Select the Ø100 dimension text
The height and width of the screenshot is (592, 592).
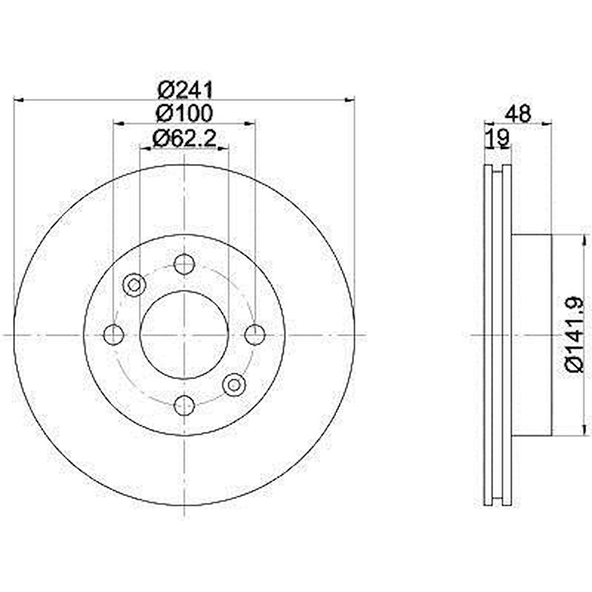point(185,113)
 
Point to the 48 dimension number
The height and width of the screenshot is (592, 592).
point(518,114)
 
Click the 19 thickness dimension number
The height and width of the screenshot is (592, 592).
point(497,138)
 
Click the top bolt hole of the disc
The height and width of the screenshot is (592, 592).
point(185,264)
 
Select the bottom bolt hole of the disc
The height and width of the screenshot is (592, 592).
point(185,405)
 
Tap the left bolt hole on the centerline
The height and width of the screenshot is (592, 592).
point(114,335)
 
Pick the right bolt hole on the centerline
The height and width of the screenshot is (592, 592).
point(255,335)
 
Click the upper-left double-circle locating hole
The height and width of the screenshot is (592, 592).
point(134,285)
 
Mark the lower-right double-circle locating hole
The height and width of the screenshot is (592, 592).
point(234,384)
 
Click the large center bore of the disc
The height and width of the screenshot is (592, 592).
point(185,335)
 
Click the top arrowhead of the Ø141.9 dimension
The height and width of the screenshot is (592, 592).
point(584,241)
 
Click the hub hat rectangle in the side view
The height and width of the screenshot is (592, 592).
point(532,335)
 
